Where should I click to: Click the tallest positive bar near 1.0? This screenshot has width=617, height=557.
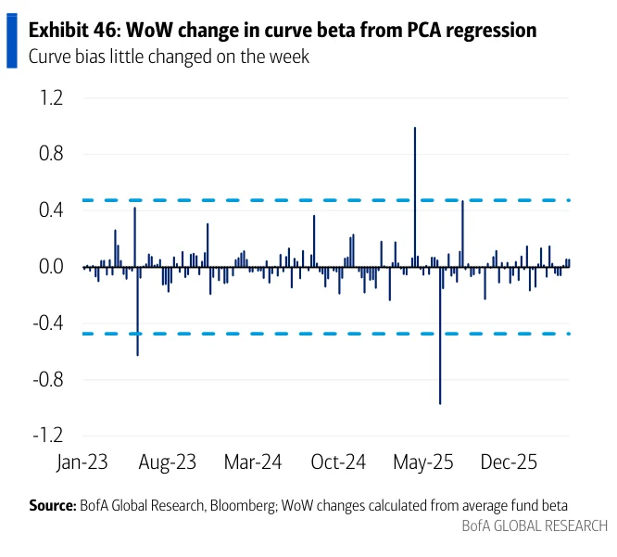[415, 196]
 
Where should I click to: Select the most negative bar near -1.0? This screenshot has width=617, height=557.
[440, 335]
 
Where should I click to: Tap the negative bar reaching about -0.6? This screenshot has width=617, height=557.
[137, 311]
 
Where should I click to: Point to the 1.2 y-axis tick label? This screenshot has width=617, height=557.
[51, 97]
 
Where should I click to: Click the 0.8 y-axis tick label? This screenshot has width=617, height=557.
[51, 154]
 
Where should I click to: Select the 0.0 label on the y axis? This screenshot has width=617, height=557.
[51, 267]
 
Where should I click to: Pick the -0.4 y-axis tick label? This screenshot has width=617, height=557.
[48, 323]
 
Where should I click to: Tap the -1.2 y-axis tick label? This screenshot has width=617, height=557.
[48, 436]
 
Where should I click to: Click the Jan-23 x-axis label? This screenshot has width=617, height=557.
[82, 462]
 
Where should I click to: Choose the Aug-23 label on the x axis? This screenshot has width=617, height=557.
[168, 462]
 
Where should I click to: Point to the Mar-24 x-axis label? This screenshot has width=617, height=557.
[253, 462]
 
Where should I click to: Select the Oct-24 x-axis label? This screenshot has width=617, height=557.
[338, 462]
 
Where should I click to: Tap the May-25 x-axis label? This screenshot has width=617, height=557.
[423, 462]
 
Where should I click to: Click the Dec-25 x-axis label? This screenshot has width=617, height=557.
[509, 462]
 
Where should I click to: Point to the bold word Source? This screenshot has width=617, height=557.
[52, 505]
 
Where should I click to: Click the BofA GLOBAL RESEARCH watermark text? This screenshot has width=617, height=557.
[535, 525]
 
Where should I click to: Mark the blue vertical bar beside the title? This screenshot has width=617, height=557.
[12, 41]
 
